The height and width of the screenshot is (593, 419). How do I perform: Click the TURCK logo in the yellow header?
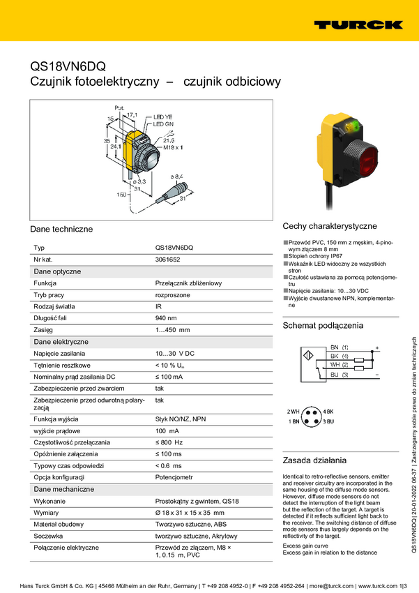click(358, 24)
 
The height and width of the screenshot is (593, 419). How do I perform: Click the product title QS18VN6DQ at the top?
click(68, 67)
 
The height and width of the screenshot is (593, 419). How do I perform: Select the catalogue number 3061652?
click(167, 260)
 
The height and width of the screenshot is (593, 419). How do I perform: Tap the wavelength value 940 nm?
click(166, 318)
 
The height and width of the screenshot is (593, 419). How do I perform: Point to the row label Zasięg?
click(43, 330)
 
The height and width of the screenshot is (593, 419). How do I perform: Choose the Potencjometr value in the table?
click(174, 476)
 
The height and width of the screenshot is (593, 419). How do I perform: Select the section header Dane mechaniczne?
click(63, 489)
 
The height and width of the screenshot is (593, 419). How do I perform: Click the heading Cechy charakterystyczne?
click(329, 226)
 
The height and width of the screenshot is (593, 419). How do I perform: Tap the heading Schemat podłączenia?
click(323, 326)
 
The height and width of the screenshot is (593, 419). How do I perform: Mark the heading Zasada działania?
click(314, 460)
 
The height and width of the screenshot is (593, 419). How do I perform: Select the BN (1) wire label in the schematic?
click(340, 347)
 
